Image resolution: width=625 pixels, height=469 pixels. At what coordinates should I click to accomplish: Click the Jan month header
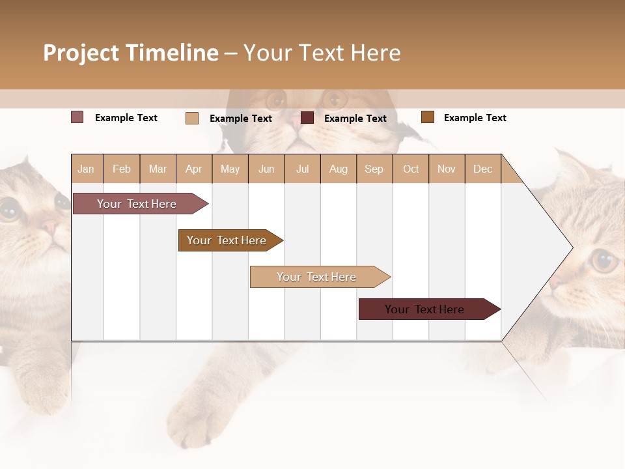tap(86, 169)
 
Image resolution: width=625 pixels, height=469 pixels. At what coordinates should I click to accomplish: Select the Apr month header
tap(193, 169)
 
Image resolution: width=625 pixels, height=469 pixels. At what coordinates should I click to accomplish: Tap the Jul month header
tap(302, 169)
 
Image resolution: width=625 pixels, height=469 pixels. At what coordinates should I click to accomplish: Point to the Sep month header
tap(374, 169)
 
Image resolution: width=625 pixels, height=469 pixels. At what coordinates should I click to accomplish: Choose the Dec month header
tap(482, 169)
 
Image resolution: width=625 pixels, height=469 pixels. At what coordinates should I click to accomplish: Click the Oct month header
tap(411, 169)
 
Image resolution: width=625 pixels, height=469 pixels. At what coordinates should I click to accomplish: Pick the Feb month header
tap(122, 169)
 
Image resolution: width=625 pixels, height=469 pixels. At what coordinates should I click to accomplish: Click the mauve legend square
tap(77, 117)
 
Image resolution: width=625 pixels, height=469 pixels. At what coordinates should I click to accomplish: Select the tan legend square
tap(191, 118)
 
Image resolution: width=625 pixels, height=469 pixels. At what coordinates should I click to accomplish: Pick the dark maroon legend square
tap(307, 118)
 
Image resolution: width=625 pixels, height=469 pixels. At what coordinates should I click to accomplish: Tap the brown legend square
tap(427, 117)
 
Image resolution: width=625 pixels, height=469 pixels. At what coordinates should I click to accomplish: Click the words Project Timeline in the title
tap(130, 53)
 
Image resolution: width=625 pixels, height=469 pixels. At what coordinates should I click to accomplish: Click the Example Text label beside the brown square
tap(475, 118)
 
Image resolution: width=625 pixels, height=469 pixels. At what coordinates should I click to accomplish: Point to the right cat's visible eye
tap(604, 261)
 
